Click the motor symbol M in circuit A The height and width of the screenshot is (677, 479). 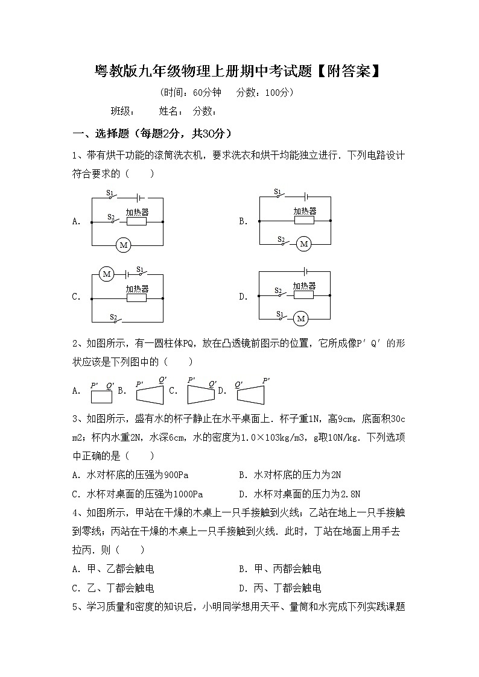pos(124,245)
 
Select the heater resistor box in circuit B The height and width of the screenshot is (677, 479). pos(304,221)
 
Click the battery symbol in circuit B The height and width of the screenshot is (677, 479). pos(307,197)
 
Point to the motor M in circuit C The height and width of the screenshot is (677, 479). pos(107,274)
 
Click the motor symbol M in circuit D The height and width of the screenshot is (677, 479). pos(300,318)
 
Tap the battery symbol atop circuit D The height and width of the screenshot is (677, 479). pos(306,272)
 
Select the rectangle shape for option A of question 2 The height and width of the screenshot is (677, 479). pos(101,397)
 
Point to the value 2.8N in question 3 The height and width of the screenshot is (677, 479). pos(350,494)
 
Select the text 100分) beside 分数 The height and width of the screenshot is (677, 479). pos(279,92)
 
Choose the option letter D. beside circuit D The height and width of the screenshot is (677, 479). pos(243,296)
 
